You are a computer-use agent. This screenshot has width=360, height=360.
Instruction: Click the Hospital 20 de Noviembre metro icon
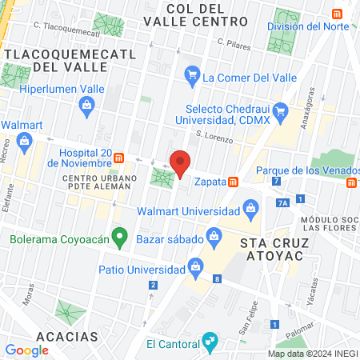coord(118,157)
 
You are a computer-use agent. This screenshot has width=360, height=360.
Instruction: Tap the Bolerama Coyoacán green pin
coord(120,236)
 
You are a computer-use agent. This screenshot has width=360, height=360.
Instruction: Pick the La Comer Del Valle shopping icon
coord(192,77)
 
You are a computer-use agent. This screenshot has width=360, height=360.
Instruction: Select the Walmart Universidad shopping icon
coord(250,211)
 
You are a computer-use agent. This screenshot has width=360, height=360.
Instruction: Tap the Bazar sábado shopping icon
coord(214,235)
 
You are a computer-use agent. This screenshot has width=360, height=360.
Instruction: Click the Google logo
coord(26,350)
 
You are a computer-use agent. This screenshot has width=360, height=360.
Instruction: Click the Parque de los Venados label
coord(302,170)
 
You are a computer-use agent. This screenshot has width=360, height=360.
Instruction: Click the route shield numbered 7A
coord(282,203)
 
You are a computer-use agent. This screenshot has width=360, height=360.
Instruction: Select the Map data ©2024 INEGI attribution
coord(312,354)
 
